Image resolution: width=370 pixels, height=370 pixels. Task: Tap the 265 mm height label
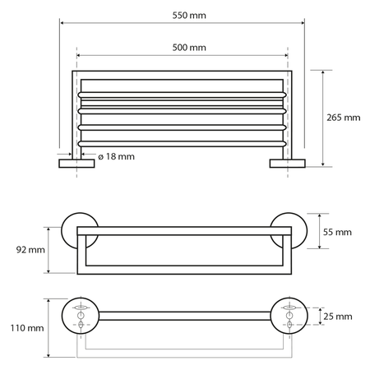pos(343,117)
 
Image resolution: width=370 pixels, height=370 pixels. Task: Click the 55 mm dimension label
pos(336,233)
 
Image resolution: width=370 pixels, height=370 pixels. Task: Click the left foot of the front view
pos(76,163)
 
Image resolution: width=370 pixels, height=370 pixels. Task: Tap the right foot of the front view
pos(289,163)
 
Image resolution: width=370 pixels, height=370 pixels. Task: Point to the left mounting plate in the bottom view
pos(80,316)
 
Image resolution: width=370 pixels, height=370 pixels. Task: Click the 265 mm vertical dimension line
pos(323,117)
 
